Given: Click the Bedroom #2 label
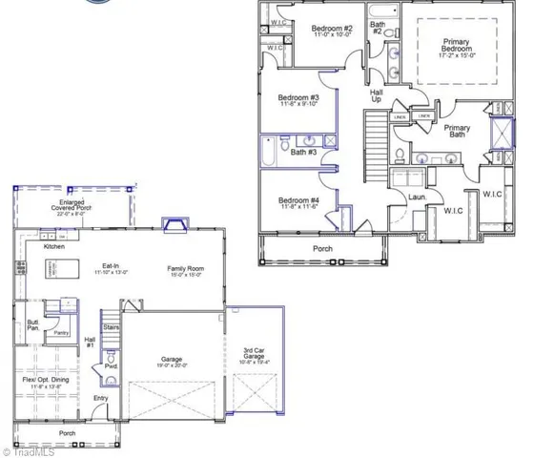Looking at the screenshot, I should coord(334,28).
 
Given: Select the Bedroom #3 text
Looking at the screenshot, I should coord(298,99).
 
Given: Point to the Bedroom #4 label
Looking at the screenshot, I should coord(298,201).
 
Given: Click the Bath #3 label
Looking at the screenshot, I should coord(304,152).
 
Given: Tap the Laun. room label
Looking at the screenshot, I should coord(417,198).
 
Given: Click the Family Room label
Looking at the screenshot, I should coord(189,269).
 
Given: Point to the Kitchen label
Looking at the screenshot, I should coord(55,246).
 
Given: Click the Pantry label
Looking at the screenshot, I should coord(61,333).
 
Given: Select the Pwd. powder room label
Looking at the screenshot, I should coord(111,365).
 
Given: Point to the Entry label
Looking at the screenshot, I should coord(100,398).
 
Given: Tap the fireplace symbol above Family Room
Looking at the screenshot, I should coord(176,225).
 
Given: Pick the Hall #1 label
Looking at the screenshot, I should coord(90,342).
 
